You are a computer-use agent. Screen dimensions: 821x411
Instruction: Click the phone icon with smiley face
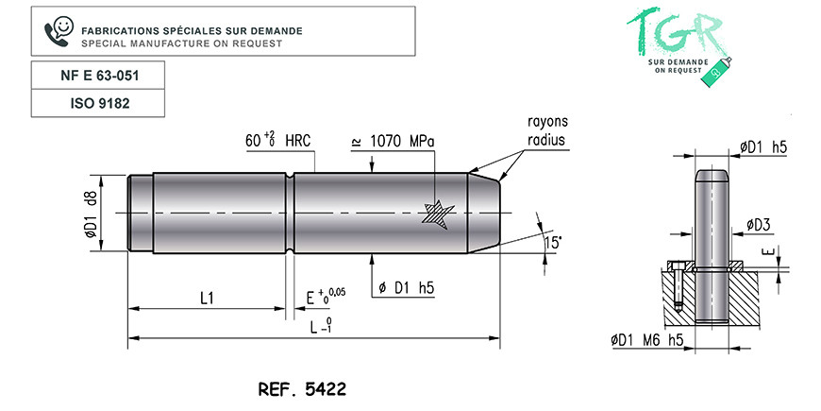pyautogui.click(x=59, y=31)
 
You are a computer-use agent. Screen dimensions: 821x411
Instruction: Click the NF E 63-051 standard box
pyautogui.click(x=98, y=76)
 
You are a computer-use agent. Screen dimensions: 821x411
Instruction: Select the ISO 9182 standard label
pyautogui.click(x=98, y=103)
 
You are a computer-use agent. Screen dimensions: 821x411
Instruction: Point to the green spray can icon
pyautogui.click(x=720, y=71)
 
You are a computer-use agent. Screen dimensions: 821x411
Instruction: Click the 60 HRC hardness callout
pyautogui.click(x=277, y=141)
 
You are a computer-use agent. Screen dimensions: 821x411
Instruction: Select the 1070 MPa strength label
pyautogui.click(x=393, y=142)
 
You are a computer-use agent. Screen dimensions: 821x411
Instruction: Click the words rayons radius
pyautogui.click(x=547, y=131)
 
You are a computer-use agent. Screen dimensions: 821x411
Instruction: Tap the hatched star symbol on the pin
pyautogui.click(x=438, y=214)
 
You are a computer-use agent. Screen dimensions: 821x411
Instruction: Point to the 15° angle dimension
pyautogui.click(x=552, y=243)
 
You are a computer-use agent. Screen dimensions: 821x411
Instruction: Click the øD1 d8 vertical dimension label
pyautogui.click(x=91, y=214)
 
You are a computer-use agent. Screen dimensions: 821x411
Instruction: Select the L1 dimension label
pyautogui.click(x=208, y=299)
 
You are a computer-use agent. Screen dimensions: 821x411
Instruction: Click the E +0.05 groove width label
pyautogui.click(x=326, y=296)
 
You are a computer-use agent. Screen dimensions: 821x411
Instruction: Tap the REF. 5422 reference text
pyautogui.click(x=302, y=389)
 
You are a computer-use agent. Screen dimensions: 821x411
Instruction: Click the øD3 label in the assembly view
pyautogui.click(x=758, y=226)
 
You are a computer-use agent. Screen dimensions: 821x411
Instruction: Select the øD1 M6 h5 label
pyautogui.click(x=647, y=340)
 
